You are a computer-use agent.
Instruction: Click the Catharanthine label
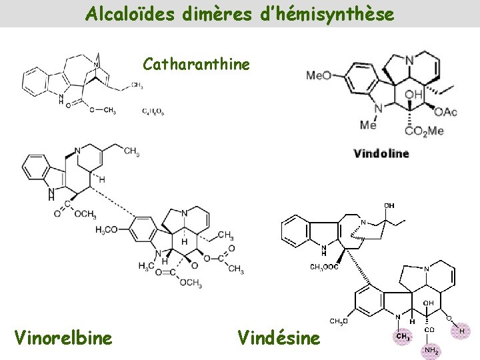pos(197,65)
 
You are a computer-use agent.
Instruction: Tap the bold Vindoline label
pos(381,153)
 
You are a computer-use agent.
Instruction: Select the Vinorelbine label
pos(63,338)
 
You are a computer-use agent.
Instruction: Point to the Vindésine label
pos(279,338)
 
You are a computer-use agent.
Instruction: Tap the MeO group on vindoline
pos(319,75)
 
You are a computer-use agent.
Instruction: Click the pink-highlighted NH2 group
pos(431,349)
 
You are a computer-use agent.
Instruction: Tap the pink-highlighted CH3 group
pos(403,337)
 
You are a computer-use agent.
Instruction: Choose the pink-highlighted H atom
pos(461,330)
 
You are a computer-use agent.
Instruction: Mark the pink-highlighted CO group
pos(431,329)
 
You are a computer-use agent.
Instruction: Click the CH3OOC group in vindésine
pos(325,267)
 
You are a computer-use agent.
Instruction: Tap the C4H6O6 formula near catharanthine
pos(153,111)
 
